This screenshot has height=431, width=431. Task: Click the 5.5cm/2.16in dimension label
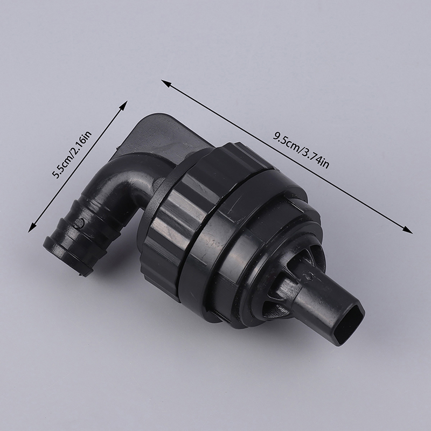pyautogui.click(x=72, y=155)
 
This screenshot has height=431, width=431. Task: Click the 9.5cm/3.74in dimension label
pyautogui.click(x=301, y=150)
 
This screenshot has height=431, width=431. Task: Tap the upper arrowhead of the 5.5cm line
pyautogui.click(x=123, y=106)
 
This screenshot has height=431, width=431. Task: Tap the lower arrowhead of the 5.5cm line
pyautogui.click(x=32, y=227)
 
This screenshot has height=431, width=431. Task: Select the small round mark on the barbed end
pyautogui.click(x=79, y=223)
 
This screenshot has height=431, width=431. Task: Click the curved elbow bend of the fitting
pyautogui.click(x=129, y=176)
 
